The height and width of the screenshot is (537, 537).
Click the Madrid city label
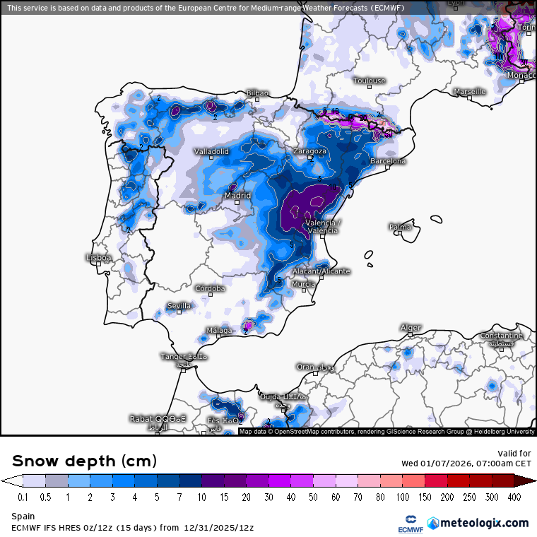pos(237,196)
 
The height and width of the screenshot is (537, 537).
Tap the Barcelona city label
pos(388,161)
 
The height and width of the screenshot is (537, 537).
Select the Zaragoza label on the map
pos(310,151)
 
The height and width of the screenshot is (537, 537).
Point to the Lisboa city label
pos(98,258)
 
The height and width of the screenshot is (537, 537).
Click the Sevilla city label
pos(178,305)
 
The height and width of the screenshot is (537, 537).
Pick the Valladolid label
pos(212,151)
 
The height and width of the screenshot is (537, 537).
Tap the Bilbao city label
pos(257,93)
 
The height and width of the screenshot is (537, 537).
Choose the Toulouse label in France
pos(369,81)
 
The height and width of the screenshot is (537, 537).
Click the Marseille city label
pos(469,92)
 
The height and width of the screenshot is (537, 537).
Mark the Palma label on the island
pos(400,227)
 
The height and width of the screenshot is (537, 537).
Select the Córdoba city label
pos(210,288)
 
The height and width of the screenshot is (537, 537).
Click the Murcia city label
pos(303,284)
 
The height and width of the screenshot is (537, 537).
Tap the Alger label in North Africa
pos(411,328)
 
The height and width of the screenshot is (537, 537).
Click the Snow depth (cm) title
pos(84,461)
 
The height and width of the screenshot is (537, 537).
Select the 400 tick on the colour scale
pos(514,497)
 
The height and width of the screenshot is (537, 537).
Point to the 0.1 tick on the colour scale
pos(23,497)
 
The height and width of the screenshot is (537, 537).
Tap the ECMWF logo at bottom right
pos(409,524)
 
